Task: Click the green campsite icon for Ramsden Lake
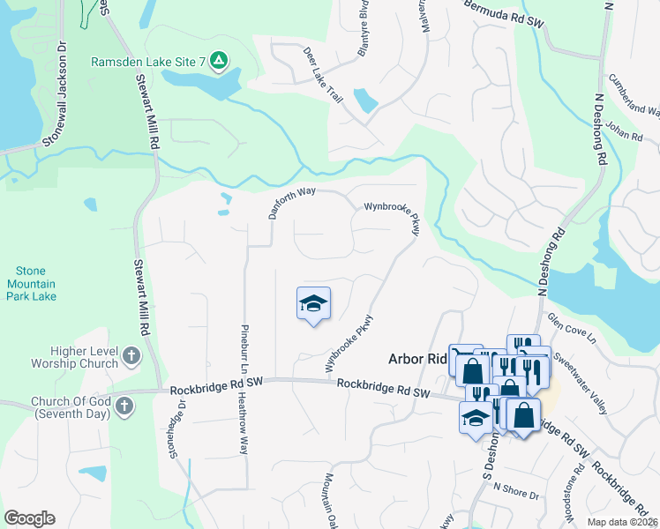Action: coord(219,61)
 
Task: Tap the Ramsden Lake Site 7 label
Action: coord(148,62)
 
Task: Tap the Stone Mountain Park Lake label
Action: coord(32,284)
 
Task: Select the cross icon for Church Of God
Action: coord(124,406)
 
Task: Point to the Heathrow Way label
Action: coord(244,423)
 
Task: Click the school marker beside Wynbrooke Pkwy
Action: coord(312,304)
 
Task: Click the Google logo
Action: coord(30,518)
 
